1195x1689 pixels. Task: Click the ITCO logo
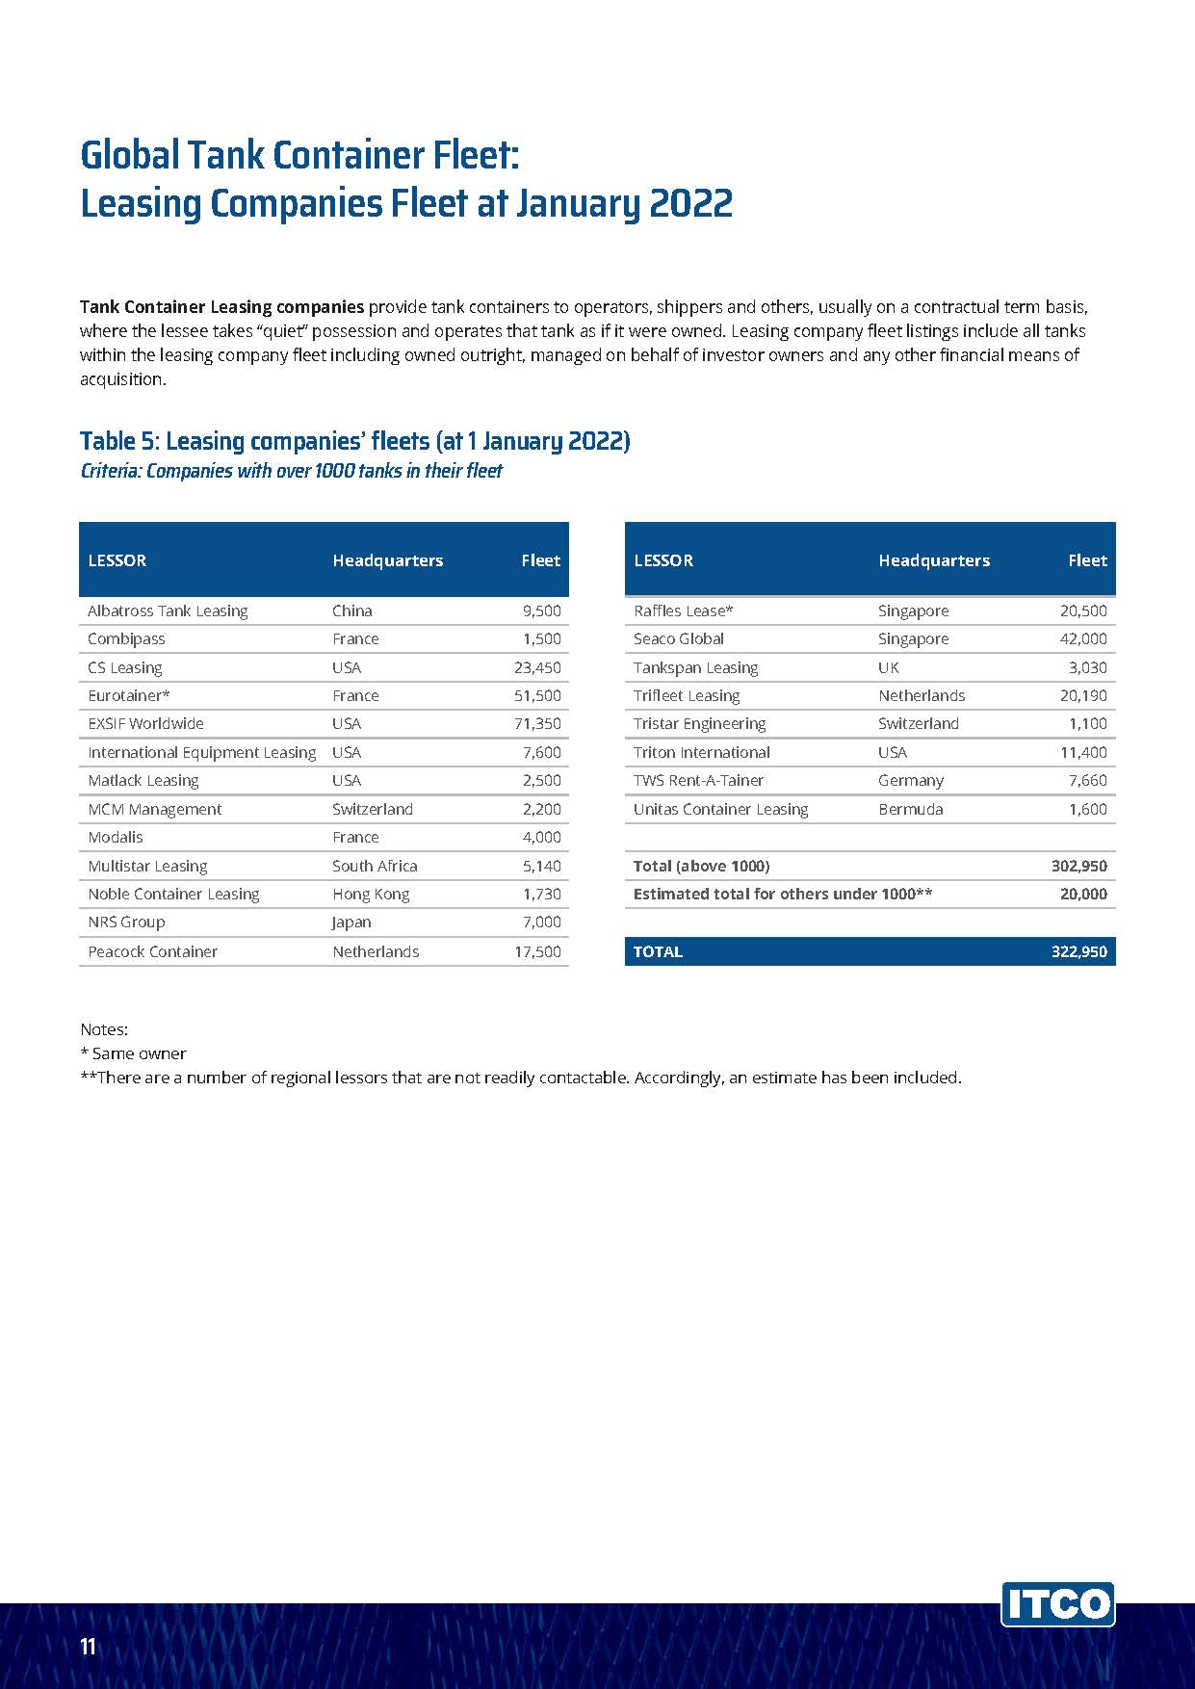pyautogui.click(x=1057, y=1604)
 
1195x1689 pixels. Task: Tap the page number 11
pyautogui.click(x=89, y=1646)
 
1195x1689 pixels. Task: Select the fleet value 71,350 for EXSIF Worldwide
pyautogui.click(x=537, y=723)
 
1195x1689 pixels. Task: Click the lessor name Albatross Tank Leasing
pyautogui.click(x=168, y=611)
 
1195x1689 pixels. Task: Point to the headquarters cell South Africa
pyautogui.click(x=375, y=866)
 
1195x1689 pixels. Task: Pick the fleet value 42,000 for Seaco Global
pyautogui.click(x=1083, y=638)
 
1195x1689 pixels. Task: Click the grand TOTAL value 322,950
pyautogui.click(x=1078, y=951)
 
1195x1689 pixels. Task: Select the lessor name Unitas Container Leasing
pyautogui.click(x=720, y=809)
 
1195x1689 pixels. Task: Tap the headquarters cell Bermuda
pyautogui.click(x=910, y=809)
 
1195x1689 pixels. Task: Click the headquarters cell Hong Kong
pyautogui.click(x=371, y=894)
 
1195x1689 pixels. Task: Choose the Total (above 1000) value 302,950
pyautogui.click(x=1078, y=866)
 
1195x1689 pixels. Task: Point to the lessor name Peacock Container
pyautogui.click(x=152, y=951)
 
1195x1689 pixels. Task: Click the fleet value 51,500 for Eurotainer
pyautogui.click(x=537, y=695)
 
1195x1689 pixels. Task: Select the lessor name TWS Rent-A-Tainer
pyautogui.click(x=698, y=780)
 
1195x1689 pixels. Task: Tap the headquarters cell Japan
pyautogui.click(x=351, y=922)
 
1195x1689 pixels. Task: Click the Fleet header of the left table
pyautogui.click(x=540, y=560)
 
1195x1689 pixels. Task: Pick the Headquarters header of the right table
pyautogui.click(x=933, y=560)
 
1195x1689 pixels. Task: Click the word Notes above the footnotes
pyautogui.click(x=103, y=1029)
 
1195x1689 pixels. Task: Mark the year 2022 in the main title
pyautogui.click(x=690, y=204)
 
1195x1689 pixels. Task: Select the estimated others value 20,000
pyautogui.click(x=1083, y=894)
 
